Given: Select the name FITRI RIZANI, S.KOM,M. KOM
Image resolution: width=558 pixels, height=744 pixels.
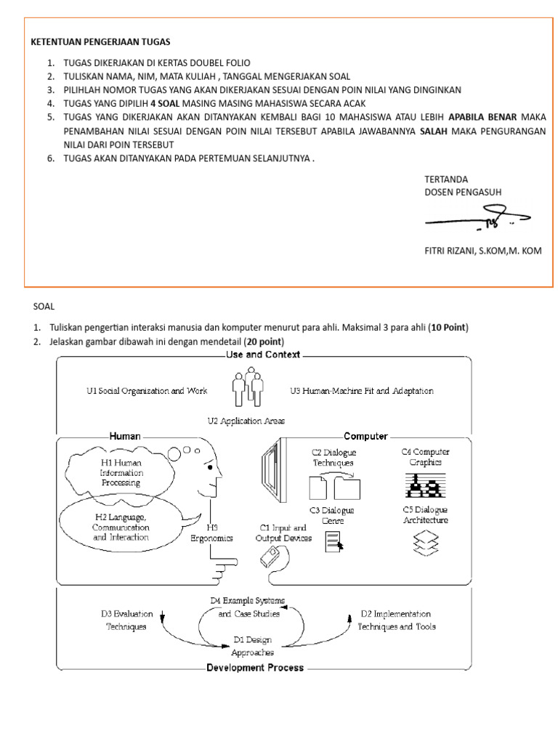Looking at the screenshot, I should (482, 251).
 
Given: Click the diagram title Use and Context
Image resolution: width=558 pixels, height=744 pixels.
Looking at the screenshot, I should (263, 355).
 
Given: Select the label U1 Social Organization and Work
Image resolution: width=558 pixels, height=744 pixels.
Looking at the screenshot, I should (147, 391).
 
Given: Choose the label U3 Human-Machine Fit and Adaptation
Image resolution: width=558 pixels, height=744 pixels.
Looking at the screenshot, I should (361, 391).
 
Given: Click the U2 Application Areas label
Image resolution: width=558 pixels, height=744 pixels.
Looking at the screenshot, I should (246, 421).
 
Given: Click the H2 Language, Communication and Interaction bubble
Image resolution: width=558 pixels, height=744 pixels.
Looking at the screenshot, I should (121, 527).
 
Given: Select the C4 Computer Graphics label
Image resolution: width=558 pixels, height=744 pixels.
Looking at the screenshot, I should (425, 456).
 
